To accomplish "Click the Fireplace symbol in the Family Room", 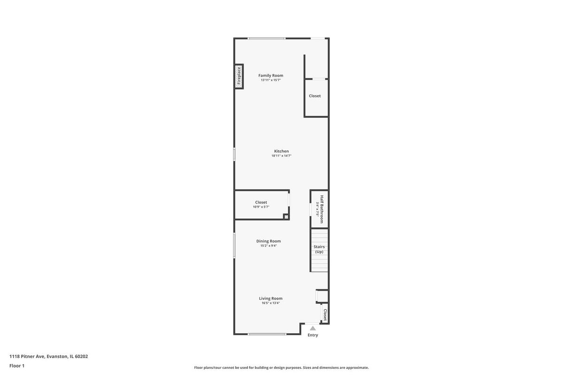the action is tap(239, 76).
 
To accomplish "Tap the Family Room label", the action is tap(271, 75).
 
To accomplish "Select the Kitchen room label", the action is tap(281, 151).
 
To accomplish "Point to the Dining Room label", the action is tap(268, 241).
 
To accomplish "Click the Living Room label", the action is tap(271, 298).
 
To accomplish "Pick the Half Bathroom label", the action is tap(321, 209).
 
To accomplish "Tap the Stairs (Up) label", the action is tap(319, 249).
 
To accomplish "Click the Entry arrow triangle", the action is tap(312, 328).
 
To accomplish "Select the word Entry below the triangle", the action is tap(312, 335).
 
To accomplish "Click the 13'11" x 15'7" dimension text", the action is tap(271, 80).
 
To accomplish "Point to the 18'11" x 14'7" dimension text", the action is tap(281, 156).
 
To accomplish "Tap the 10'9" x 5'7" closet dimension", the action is tap(261, 207).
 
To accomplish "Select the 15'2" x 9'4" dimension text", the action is tap(268, 246).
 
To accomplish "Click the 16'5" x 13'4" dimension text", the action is tap(271, 303).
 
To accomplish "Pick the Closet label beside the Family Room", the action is tap(315, 96).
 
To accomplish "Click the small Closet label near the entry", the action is tap(325, 315).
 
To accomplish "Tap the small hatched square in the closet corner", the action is tap(286, 216).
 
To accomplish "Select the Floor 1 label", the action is tap(17, 366).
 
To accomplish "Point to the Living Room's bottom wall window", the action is tap(267, 334).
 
